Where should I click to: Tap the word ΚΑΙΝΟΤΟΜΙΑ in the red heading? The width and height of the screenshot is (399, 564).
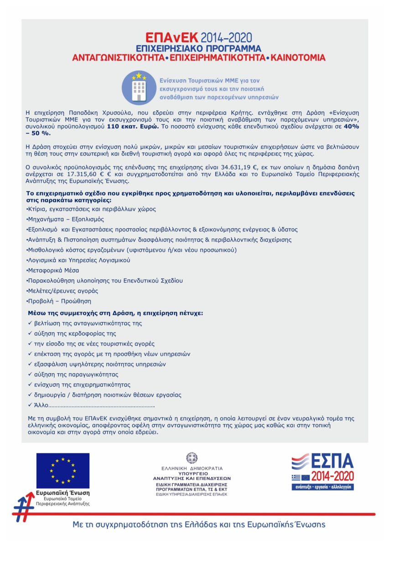298,58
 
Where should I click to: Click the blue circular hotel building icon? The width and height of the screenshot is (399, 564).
139,88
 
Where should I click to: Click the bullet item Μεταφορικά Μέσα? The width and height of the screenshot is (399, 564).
47,270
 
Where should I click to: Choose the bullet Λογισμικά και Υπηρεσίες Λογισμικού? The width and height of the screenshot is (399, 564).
78,260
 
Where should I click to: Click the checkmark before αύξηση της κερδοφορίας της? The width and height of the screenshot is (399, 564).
30,333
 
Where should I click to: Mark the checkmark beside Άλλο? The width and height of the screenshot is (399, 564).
30,405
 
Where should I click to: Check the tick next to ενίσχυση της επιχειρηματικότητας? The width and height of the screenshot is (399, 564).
30,384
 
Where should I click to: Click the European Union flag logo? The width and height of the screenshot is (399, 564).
63,470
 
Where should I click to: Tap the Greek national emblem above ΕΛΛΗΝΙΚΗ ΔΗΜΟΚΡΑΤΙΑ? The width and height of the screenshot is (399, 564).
192,458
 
